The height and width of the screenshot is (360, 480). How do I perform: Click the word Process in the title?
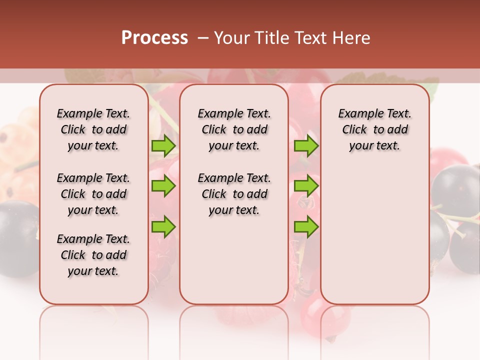(x=154, y=37)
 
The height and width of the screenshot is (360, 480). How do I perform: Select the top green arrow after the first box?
(x=163, y=146)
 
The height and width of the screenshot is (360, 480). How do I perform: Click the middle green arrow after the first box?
(x=163, y=186)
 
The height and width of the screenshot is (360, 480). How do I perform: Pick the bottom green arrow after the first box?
(x=163, y=226)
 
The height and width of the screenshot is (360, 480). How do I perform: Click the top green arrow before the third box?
(x=306, y=146)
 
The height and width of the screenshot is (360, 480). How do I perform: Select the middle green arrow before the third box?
(x=306, y=186)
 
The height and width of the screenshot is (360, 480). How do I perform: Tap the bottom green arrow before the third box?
(x=306, y=226)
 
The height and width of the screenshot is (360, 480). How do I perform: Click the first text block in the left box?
(x=93, y=129)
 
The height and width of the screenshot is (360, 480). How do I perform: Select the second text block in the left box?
(x=93, y=194)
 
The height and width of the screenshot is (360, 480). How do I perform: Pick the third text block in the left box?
(x=93, y=255)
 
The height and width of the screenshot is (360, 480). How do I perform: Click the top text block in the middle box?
(x=234, y=129)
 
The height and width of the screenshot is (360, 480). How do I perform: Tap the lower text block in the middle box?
(x=234, y=194)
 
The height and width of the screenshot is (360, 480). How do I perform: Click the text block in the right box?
(x=374, y=129)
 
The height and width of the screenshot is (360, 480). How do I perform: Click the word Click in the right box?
(x=354, y=129)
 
